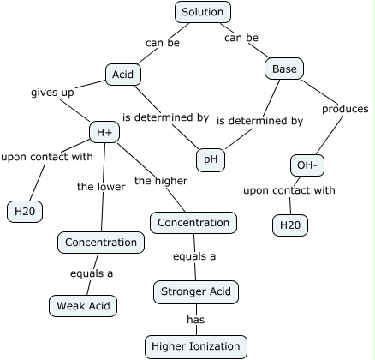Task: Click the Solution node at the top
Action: (x=203, y=12)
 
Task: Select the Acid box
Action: (x=122, y=75)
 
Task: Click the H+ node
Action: (x=104, y=132)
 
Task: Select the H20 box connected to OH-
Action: (x=289, y=225)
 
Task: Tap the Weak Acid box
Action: (x=82, y=305)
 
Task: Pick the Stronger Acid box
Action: (x=195, y=292)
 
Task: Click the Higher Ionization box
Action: (x=196, y=345)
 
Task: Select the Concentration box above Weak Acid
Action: (x=100, y=243)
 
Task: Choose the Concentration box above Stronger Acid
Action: (x=194, y=223)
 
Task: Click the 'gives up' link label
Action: (x=52, y=92)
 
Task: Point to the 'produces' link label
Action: (x=344, y=109)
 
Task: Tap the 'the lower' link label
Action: (x=101, y=186)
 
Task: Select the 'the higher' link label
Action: (x=160, y=180)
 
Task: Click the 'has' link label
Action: (x=196, y=320)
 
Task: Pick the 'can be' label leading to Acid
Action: (x=162, y=43)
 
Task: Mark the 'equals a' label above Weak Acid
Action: (x=92, y=273)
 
